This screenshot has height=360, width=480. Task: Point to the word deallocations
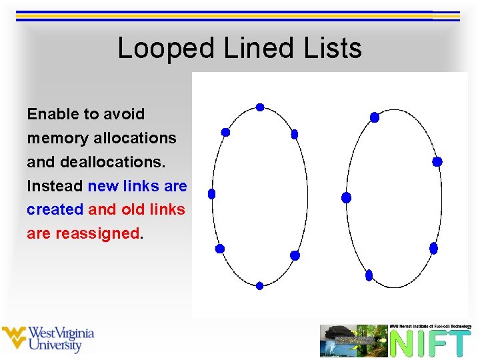pyautogui.click(x=116, y=162)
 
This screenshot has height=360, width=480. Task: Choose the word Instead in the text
pyautogui.click(x=55, y=186)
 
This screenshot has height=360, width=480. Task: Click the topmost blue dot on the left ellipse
pyautogui.click(x=260, y=107)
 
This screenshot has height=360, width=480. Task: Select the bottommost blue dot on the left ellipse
pyautogui.click(x=259, y=285)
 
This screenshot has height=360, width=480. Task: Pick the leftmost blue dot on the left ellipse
pyautogui.click(x=212, y=194)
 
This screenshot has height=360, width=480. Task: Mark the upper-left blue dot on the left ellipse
pyautogui.click(x=225, y=132)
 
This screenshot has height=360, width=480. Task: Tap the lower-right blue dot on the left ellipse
pyautogui.click(x=295, y=255)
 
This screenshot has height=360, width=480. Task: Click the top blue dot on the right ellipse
pyautogui.click(x=375, y=117)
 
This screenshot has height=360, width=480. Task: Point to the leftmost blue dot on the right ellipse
pyautogui.click(x=346, y=197)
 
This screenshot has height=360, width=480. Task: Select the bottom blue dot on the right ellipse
pyautogui.click(x=369, y=275)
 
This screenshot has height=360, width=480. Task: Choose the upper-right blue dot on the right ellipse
pyautogui.click(x=437, y=161)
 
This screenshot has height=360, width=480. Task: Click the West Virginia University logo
pyautogui.click(x=48, y=339)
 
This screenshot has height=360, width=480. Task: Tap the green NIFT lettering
pyautogui.click(x=430, y=343)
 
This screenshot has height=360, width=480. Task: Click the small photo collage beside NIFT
pyautogui.click(x=353, y=341)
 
